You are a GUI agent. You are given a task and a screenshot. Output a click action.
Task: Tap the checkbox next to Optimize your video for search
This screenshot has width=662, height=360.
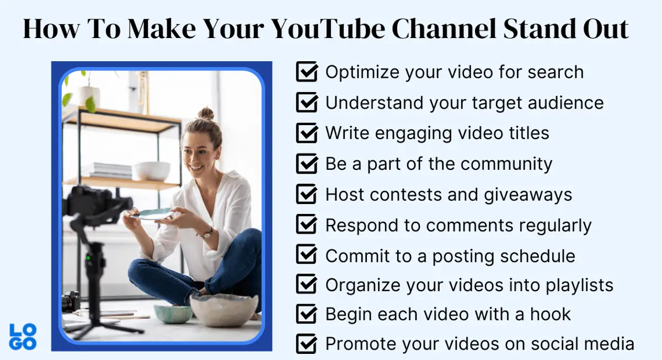tap(307, 72)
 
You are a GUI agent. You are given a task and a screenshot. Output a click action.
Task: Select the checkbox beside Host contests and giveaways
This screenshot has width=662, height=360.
tap(307, 194)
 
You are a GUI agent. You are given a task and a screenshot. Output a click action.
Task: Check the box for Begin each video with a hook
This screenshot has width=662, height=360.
tap(307, 314)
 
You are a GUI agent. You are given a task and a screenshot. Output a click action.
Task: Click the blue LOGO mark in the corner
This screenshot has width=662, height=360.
tap(23, 337)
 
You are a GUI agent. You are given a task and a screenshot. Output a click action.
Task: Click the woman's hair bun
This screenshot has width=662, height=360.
tap(206, 114)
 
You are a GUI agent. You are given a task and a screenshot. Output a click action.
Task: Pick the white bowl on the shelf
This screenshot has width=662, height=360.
tap(151, 170)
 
